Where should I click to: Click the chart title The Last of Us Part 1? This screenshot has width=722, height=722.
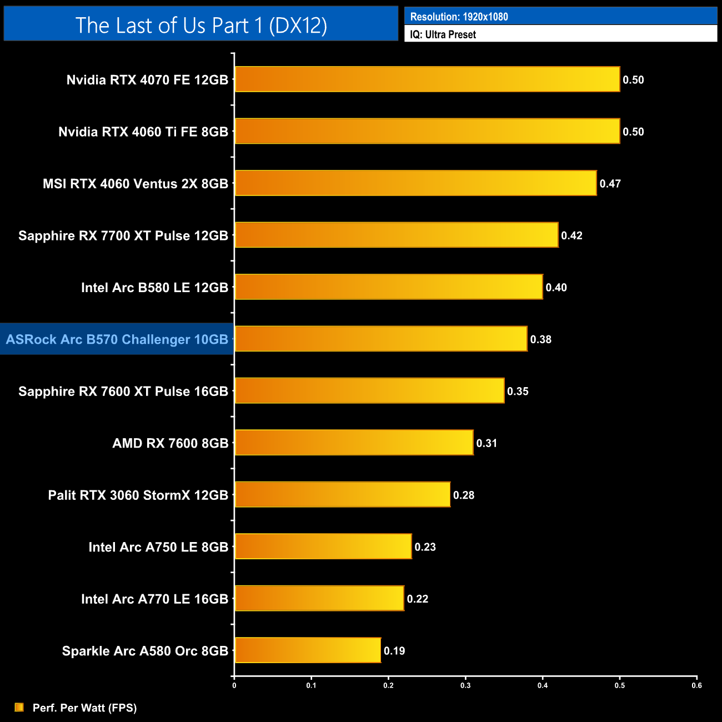coord(201,25)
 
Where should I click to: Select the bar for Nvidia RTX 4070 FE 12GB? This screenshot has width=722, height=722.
coord(427,79)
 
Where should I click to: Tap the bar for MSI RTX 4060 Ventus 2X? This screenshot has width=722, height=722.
coord(415,183)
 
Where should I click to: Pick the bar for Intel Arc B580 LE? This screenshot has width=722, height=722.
coord(389,287)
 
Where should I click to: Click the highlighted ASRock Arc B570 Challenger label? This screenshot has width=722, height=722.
coord(117,339)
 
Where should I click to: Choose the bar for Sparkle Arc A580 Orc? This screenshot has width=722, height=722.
coord(308,650)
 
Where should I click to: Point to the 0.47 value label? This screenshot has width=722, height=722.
coord(610,184)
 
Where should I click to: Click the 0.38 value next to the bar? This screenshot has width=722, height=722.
coord(540,339)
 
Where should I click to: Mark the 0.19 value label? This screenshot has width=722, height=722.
coord(394,651)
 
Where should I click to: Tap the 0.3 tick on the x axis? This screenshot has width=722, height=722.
coord(465,685)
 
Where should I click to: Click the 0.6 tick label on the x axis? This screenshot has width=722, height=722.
coord(696,685)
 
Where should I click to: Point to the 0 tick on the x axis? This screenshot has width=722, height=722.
coord(234,685)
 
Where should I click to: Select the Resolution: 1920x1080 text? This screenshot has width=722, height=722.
coord(459,17)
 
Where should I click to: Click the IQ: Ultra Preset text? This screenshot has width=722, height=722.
coord(443,34)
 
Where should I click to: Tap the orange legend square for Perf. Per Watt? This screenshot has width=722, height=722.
coord(19,707)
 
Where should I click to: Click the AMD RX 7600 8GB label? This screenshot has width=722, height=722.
coord(171,443)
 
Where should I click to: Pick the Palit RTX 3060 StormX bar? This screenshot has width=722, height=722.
coord(342,494)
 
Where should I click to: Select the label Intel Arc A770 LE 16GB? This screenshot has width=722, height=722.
coord(154,599)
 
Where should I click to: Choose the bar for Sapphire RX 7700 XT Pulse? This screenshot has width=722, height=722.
coord(397,235)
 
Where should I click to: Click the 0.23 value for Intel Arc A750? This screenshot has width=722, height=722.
coord(425,547)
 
